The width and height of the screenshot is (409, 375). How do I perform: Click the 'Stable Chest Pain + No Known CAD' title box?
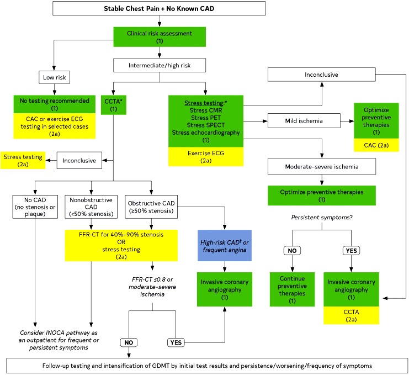159,8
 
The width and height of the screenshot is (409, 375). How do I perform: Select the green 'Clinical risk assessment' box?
160,37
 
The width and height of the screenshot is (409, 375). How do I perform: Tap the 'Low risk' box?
54,77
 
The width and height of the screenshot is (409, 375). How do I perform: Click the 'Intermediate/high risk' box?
160,65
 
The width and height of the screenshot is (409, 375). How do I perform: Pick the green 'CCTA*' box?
114,105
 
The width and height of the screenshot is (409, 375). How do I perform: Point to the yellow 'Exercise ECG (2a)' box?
206,157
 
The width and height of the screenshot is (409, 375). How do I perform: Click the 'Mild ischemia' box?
304,121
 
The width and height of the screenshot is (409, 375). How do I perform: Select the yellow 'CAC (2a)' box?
376,145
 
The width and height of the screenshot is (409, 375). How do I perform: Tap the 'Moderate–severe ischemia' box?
322,166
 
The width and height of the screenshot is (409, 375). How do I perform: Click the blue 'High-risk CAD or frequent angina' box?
225,246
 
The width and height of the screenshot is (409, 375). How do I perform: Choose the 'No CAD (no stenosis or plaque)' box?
35,207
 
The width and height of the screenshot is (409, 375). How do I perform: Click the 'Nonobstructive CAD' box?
91,207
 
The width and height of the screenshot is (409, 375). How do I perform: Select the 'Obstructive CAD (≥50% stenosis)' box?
151,207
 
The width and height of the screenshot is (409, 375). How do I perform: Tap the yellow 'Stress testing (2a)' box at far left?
23,161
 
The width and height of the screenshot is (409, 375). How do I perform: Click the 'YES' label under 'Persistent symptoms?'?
351,251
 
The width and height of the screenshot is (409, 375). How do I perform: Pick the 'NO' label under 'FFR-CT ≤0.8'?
129,342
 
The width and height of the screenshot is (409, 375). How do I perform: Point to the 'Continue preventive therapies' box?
292,289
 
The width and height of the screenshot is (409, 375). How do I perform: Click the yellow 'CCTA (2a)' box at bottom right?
351,315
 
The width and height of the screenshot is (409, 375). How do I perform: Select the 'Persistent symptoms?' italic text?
322,218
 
